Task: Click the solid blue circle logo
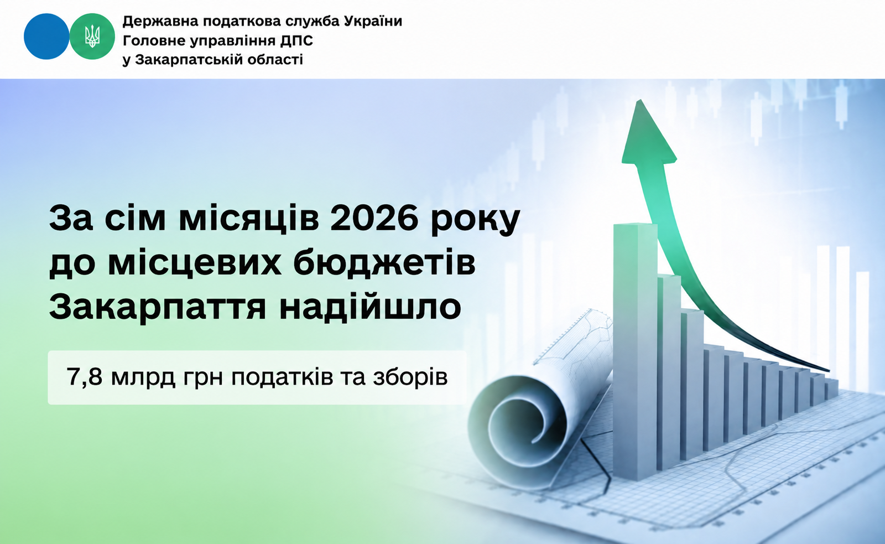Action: tap(46, 37)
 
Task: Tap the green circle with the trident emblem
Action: tap(92, 37)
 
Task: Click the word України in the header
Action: tap(373, 21)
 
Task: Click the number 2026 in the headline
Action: tap(374, 218)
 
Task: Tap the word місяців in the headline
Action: tap(249, 218)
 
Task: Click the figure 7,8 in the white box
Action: tap(84, 377)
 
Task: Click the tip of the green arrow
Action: tap(639, 100)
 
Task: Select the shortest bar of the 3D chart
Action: tap(831, 390)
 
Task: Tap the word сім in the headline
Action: tap(135, 218)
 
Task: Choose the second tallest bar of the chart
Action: tap(669, 372)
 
